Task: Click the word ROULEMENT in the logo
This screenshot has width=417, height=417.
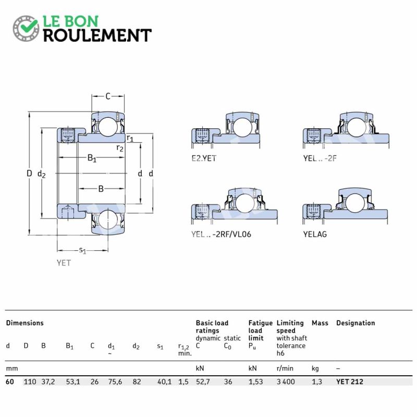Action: click(97, 35)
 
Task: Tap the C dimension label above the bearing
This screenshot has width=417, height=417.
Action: click(108, 96)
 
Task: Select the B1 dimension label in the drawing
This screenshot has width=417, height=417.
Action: click(92, 158)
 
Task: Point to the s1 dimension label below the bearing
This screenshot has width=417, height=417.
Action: click(83, 250)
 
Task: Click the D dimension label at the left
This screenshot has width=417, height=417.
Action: click(29, 174)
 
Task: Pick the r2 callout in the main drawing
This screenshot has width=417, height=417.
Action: click(120, 148)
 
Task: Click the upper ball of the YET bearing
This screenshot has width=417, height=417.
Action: click(108, 126)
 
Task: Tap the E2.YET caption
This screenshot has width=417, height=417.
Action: click(204, 158)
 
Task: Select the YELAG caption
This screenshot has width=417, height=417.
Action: click(315, 234)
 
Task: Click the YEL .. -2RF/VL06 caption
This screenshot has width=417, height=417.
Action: click(221, 234)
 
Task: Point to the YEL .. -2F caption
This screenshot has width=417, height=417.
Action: click(320, 158)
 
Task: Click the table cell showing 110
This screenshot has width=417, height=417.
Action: click(30, 382)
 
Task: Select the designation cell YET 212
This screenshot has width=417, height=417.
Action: click(349, 382)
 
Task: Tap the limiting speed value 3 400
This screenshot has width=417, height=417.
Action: click(286, 382)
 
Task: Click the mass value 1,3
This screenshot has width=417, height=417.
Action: click(317, 382)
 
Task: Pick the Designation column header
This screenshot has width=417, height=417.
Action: click(355, 323)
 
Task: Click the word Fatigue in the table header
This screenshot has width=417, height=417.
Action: click(260, 323)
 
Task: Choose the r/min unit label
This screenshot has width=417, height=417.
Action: click(285, 369)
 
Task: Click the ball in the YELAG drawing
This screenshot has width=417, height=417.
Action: click(355, 203)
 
